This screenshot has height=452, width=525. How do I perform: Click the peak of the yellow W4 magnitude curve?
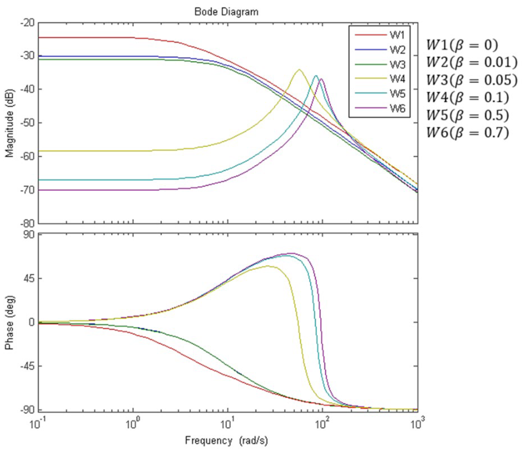pos(299,70)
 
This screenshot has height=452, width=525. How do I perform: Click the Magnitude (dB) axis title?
pos(10,123)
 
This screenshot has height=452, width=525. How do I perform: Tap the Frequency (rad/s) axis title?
pos(226,441)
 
